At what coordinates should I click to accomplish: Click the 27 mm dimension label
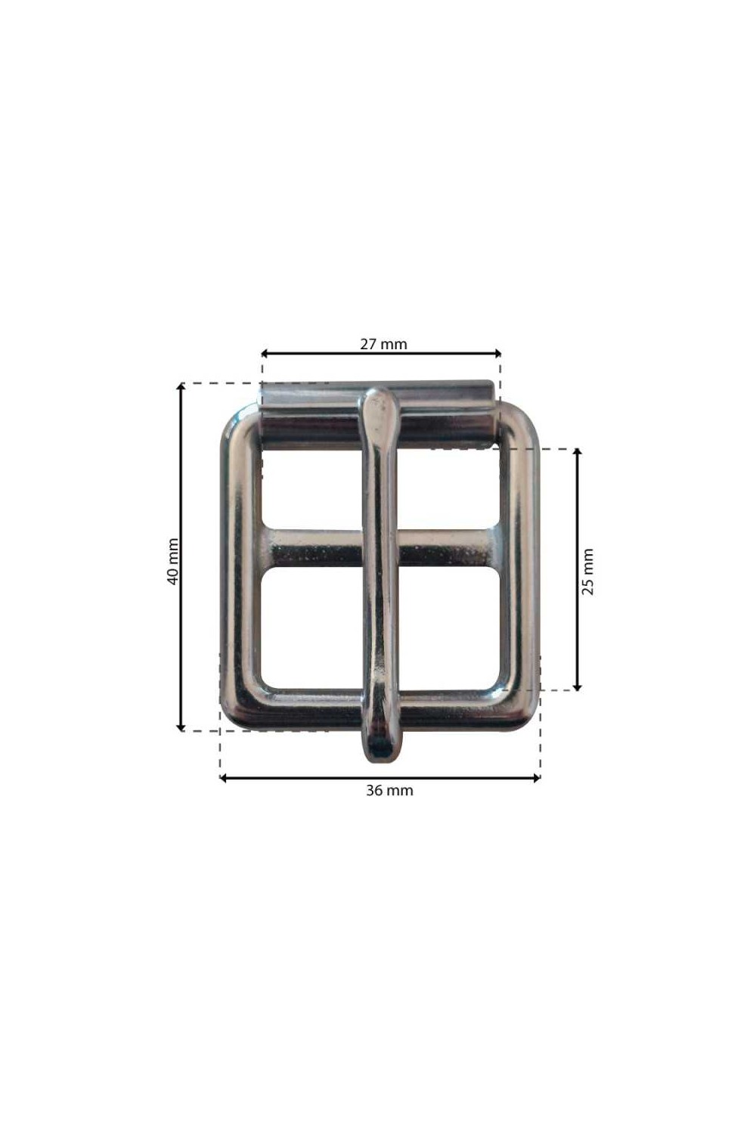(383, 344)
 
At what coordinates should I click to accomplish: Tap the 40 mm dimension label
(172, 562)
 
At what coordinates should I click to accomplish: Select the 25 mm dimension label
(587, 571)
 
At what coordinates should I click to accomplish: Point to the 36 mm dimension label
(389, 790)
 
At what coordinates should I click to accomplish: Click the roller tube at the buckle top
(377, 414)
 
